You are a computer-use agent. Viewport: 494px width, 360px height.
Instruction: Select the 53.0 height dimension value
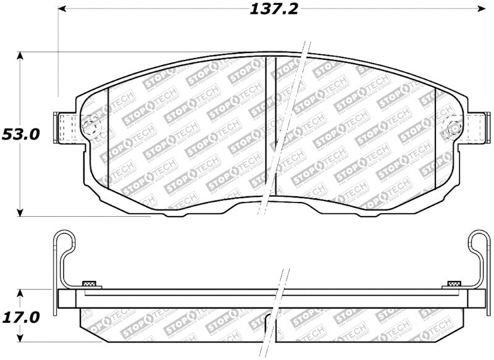click(x=20, y=134)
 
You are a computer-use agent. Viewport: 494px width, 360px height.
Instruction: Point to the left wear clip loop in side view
click(x=64, y=242)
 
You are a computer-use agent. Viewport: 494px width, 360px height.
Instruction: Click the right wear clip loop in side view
click(x=479, y=242)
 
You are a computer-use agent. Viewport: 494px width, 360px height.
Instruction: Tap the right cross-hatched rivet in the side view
click(x=453, y=284)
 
